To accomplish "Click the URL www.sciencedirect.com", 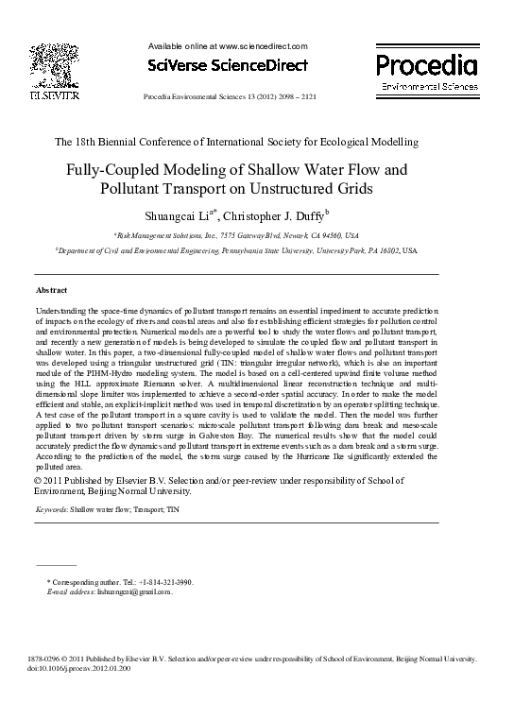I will pos(264,45).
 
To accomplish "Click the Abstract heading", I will pos(51,289).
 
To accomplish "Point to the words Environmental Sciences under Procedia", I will pos(428,86).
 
